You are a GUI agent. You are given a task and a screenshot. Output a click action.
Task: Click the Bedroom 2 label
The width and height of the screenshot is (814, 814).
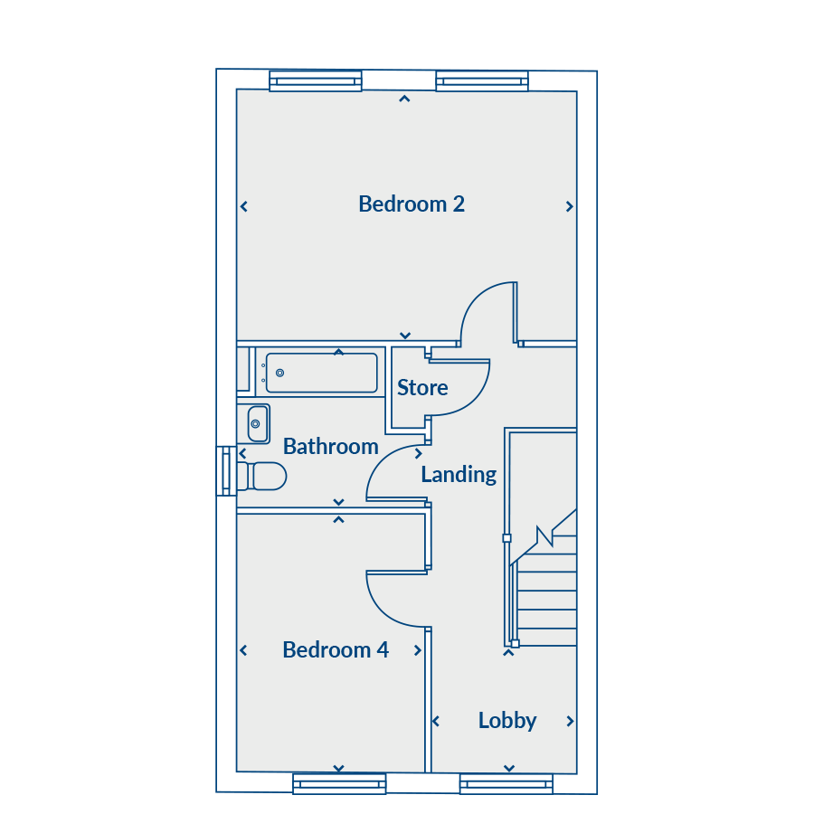[x=412, y=204]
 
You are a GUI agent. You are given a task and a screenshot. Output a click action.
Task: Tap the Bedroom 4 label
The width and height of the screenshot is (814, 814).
[x=336, y=650]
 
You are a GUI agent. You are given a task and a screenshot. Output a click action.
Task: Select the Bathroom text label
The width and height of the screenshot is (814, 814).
[x=331, y=447]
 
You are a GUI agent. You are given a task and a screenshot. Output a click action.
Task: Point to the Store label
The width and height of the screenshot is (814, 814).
[x=422, y=388]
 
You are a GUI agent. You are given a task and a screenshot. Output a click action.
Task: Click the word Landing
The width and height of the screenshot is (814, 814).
[x=459, y=475]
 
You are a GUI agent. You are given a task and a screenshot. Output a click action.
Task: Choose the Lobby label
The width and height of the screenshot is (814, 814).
[x=507, y=721]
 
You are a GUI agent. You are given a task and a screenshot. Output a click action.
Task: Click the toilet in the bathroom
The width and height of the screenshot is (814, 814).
[x=262, y=476]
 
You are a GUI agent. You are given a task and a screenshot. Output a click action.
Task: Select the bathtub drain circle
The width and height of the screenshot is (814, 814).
[x=279, y=373]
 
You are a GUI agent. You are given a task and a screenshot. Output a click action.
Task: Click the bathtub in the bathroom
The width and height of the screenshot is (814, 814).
[x=321, y=373]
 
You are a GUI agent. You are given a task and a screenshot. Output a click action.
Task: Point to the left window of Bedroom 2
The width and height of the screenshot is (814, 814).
[x=316, y=81]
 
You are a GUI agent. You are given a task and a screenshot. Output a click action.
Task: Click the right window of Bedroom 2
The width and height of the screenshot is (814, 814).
[x=482, y=81]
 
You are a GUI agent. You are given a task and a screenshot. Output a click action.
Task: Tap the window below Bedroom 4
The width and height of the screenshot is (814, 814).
[x=339, y=784]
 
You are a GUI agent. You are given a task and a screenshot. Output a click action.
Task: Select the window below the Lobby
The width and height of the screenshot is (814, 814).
[x=506, y=784]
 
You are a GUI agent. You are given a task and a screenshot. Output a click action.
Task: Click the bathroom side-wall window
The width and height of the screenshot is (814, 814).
[x=226, y=471]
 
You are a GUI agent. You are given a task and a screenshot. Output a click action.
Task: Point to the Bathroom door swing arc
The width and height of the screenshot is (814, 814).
[x=382, y=459]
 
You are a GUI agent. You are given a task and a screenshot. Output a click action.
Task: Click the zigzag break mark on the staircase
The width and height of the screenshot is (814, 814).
[x=544, y=536]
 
